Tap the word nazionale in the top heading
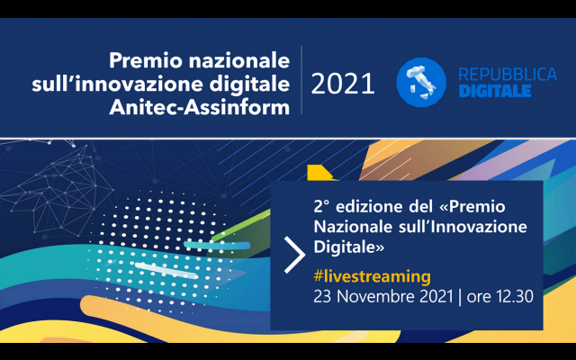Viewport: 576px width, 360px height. (x=239, y=60)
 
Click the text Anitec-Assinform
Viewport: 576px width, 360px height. (x=200, y=108)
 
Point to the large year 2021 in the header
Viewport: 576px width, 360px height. (x=343, y=84)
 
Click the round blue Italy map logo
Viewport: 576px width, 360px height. (x=421, y=82)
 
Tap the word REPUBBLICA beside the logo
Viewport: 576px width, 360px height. (x=508, y=75)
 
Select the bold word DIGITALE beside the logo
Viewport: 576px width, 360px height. (x=495, y=91)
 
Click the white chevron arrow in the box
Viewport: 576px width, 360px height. (x=295, y=255)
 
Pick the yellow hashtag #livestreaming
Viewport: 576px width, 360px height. (x=372, y=276)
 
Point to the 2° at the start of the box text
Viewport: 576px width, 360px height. (x=321, y=207)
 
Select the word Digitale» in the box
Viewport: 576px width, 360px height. (x=349, y=247)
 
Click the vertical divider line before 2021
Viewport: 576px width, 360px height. (x=302, y=80)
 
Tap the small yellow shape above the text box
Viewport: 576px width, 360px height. (x=319, y=173)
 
